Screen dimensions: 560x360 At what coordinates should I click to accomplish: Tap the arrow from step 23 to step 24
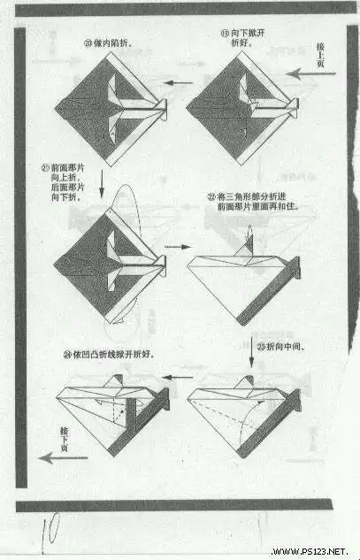click(182, 378)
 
